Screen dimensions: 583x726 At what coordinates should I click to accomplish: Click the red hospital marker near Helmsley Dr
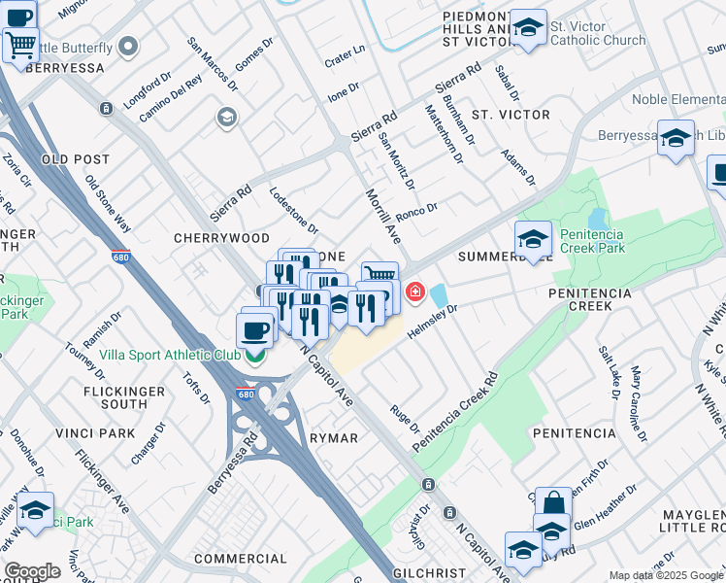(x=415, y=291)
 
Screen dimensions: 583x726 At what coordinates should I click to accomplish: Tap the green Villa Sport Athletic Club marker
(x=255, y=356)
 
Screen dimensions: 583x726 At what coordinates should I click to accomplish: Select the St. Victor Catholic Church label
(x=597, y=33)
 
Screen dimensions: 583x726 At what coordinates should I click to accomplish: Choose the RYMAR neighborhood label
(x=334, y=438)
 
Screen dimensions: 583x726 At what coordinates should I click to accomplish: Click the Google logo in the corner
(x=32, y=571)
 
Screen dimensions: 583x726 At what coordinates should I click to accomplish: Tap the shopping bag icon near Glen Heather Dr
(x=553, y=504)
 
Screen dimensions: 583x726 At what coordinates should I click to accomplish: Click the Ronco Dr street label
(x=417, y=209)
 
